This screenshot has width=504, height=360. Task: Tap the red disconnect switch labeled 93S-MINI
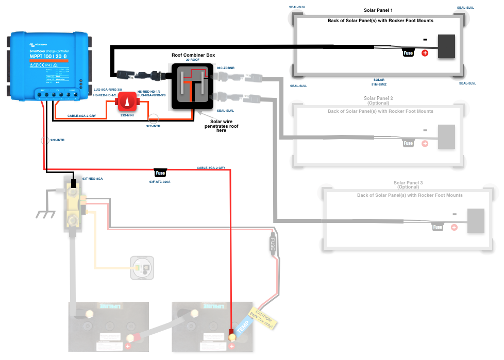pyautogui.click(x=126, y=101)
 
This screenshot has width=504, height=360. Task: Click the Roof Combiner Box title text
pyautogui.click(x=193, y=55)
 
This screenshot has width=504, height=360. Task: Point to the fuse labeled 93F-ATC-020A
pyautogui.click(x=160, y=173)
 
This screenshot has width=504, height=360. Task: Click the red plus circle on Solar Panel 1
pyautogui.click(x=425, y=53)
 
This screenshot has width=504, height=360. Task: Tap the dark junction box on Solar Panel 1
pyautogui.click(x=446, y=46)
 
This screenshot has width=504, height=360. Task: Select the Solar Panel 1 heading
pyautogui.click(x=378, y=10)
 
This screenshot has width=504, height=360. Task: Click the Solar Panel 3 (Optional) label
pyautogui.click(x=408, y=185)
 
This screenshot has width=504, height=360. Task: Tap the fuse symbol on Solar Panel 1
pyautogui.click(x=408, y=53)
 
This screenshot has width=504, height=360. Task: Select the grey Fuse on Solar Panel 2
pyautogui.click(x=408, y=143)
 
